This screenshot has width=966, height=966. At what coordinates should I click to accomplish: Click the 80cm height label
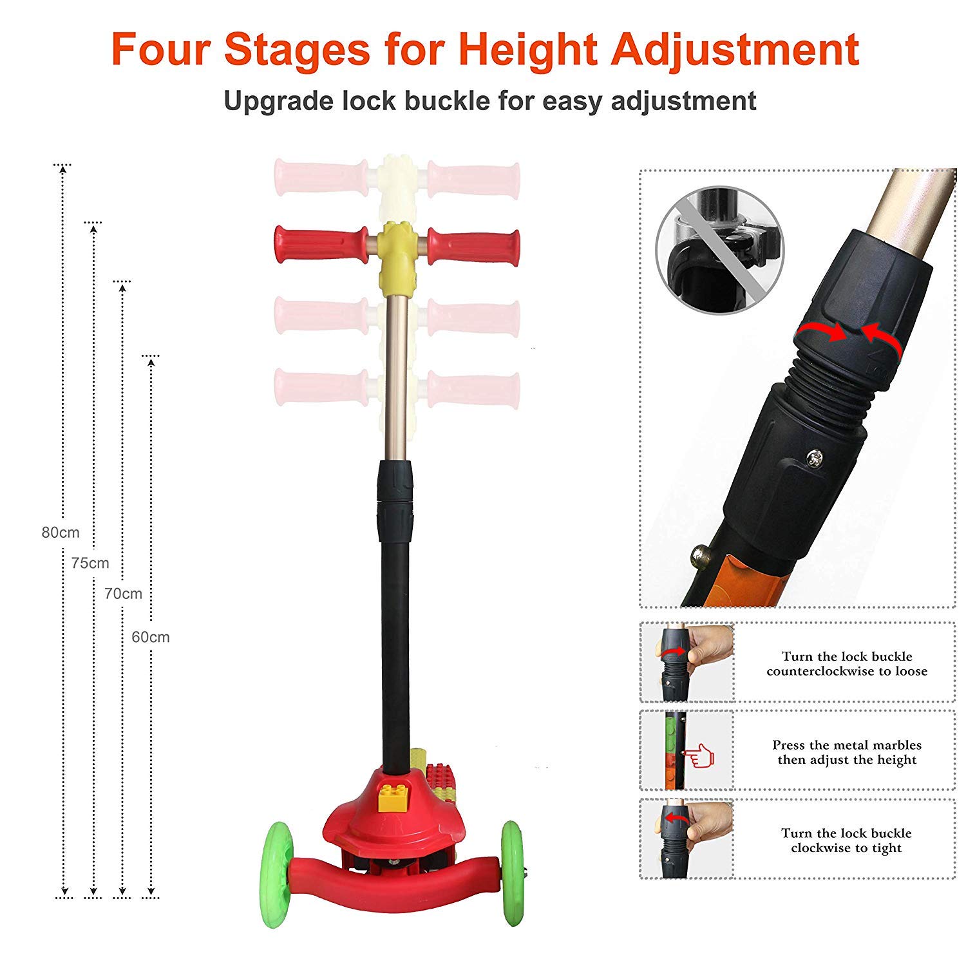[61, 533]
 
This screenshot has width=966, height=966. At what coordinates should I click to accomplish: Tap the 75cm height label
[90, 563]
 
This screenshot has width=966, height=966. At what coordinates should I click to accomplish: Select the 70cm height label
[123, 593]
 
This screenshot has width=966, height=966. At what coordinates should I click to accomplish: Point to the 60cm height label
[151, 637]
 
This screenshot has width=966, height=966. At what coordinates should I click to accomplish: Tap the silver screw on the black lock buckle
[815, 457]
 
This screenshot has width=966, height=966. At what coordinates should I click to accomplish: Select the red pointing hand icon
[698, 755]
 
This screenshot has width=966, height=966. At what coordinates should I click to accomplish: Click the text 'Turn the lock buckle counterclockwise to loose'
[847, 663]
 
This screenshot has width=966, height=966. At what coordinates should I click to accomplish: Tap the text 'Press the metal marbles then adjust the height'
[847, 752]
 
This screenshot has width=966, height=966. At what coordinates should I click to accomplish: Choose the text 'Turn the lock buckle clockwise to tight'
[847, 840]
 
